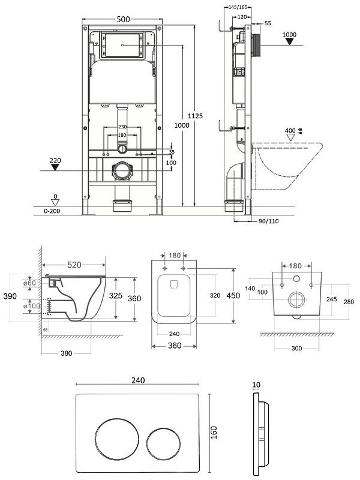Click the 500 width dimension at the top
(124, 19)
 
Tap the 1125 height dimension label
(195, 116)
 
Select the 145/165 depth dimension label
(238, 7)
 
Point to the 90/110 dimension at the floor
(268, 221)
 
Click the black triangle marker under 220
(55, 167)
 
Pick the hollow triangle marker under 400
(290, 137)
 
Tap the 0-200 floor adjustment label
(52, 211)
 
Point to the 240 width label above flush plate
(138, 380)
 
